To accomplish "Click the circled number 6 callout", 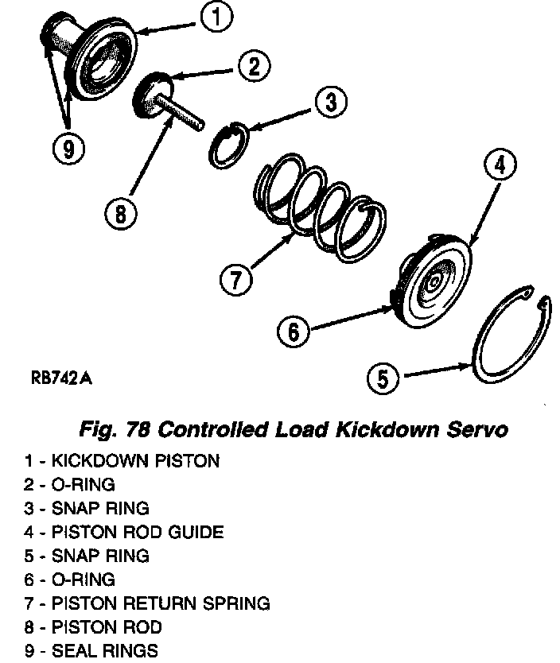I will coord(294,330).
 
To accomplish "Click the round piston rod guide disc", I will coord(436,275).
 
